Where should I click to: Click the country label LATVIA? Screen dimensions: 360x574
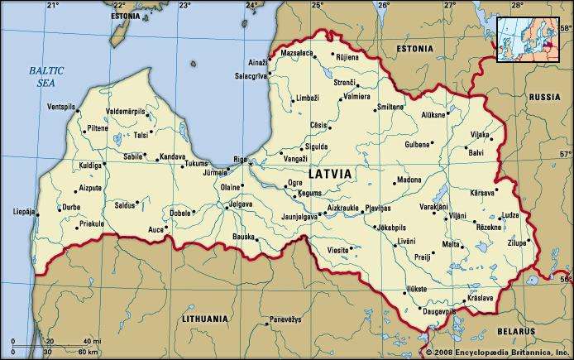[x=329, y=175]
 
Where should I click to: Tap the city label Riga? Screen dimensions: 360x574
[x=240, y=158]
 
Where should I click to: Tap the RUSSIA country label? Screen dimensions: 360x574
[x=544, y=96]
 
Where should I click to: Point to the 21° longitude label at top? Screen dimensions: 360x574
[x=52, y=5]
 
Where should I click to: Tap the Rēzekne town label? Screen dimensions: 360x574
[x=487, y=226]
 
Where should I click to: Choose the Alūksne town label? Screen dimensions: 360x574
[x=433, y=115]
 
